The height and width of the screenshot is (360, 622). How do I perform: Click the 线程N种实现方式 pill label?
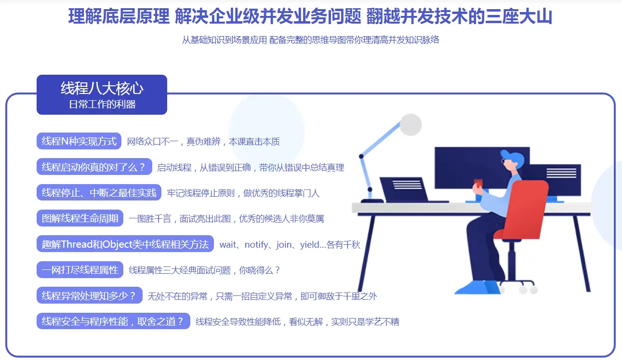tap(79, 141)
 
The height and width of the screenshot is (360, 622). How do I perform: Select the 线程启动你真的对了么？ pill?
tap(94, 167)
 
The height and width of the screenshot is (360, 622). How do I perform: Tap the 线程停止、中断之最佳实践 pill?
tap(99, 192)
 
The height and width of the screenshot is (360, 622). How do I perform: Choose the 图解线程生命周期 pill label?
tap(80, 218)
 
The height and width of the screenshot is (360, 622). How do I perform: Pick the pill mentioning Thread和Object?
tap(125, 244)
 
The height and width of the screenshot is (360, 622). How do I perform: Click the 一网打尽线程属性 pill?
tap(80, 270)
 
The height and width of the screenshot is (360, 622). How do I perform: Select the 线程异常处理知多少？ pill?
tap(90, 295)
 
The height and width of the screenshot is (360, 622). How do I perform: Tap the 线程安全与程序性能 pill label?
tap(113, 321)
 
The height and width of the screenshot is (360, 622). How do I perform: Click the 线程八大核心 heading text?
tap(102, 88)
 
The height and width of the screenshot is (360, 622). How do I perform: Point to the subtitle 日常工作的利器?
tap(102, 105)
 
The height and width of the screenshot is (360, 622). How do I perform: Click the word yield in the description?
tap(309, 244)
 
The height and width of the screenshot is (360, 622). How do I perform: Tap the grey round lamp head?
tap(410, 124)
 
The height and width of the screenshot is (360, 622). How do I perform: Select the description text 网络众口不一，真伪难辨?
tap(174, 142)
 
